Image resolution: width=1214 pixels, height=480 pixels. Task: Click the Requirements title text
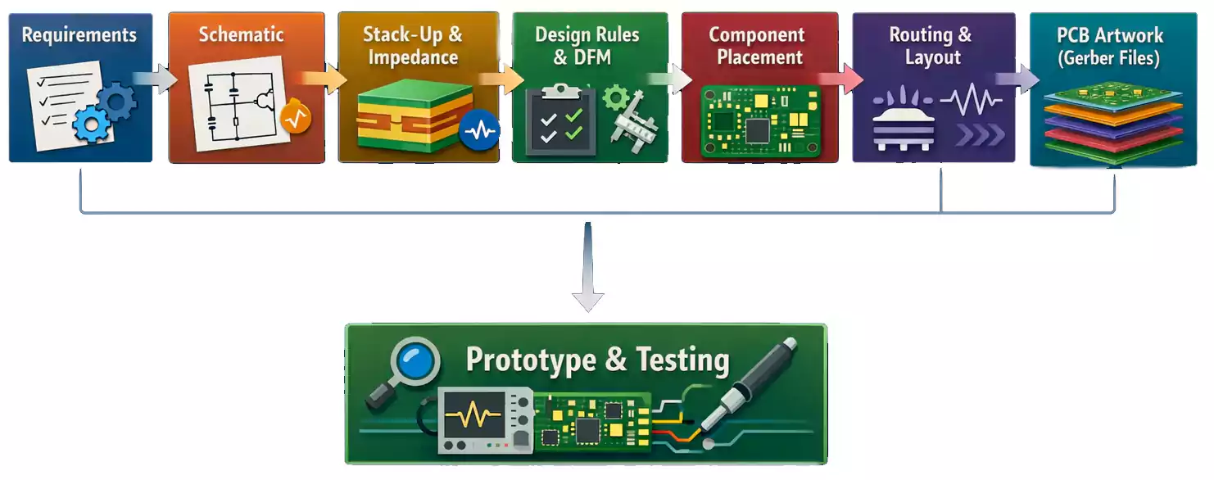click(79, 35)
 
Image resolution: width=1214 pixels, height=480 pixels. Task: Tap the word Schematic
click(241, 35)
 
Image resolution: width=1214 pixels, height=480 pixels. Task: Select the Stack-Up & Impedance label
click(413, 46)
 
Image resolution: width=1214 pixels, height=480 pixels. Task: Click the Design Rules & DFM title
click(587, 46)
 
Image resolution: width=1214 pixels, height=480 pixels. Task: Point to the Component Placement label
click(756, 46)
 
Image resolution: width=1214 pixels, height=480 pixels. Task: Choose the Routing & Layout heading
click(931, 46)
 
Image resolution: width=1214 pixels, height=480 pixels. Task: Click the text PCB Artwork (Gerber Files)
click(1110, 47)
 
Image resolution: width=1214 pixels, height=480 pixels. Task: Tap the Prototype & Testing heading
click(597, 360)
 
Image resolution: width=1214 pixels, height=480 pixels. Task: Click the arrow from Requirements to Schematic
click(157, 79)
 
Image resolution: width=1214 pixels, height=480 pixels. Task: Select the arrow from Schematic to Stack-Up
click(325, 79)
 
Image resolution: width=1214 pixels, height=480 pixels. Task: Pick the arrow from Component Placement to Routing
click(842, 79)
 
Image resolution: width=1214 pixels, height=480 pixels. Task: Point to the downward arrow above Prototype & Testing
click(587, 270)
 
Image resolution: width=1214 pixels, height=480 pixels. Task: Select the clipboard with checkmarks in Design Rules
click(559, 120)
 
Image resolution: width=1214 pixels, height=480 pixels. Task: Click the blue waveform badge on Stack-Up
click(479, 129)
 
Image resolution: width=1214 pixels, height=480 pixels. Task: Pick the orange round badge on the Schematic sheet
click(294, 119)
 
